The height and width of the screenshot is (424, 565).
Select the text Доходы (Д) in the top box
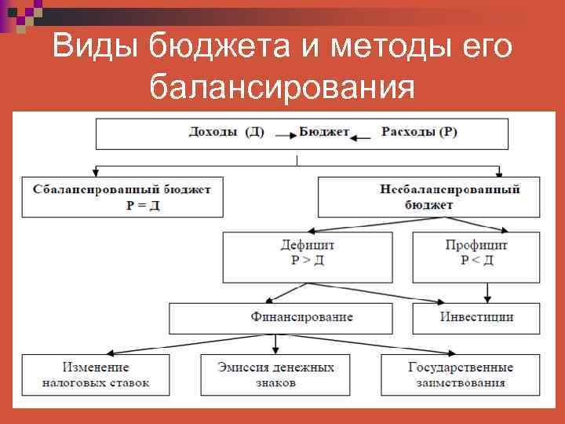coord(226,132)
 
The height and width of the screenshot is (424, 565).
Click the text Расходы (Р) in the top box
coord(419,132)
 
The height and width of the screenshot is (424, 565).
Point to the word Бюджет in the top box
coord(324,132)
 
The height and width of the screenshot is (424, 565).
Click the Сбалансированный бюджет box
coord(122,196)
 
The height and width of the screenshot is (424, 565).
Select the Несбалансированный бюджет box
coord(428,196)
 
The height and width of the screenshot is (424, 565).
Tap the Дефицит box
coord(308,257)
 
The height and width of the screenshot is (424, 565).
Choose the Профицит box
coord(476,257)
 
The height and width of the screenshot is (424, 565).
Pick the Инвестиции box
coord(476,318)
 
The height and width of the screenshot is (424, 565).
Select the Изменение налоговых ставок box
coord(96,375)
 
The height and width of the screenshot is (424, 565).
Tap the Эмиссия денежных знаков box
coord(275,375)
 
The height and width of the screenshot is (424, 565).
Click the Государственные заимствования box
coord(460,375)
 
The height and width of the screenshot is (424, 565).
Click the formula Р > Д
coord(308,261)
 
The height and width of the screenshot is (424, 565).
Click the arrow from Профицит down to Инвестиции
coord(488,292)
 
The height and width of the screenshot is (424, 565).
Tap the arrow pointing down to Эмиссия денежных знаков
coord(275,344)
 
